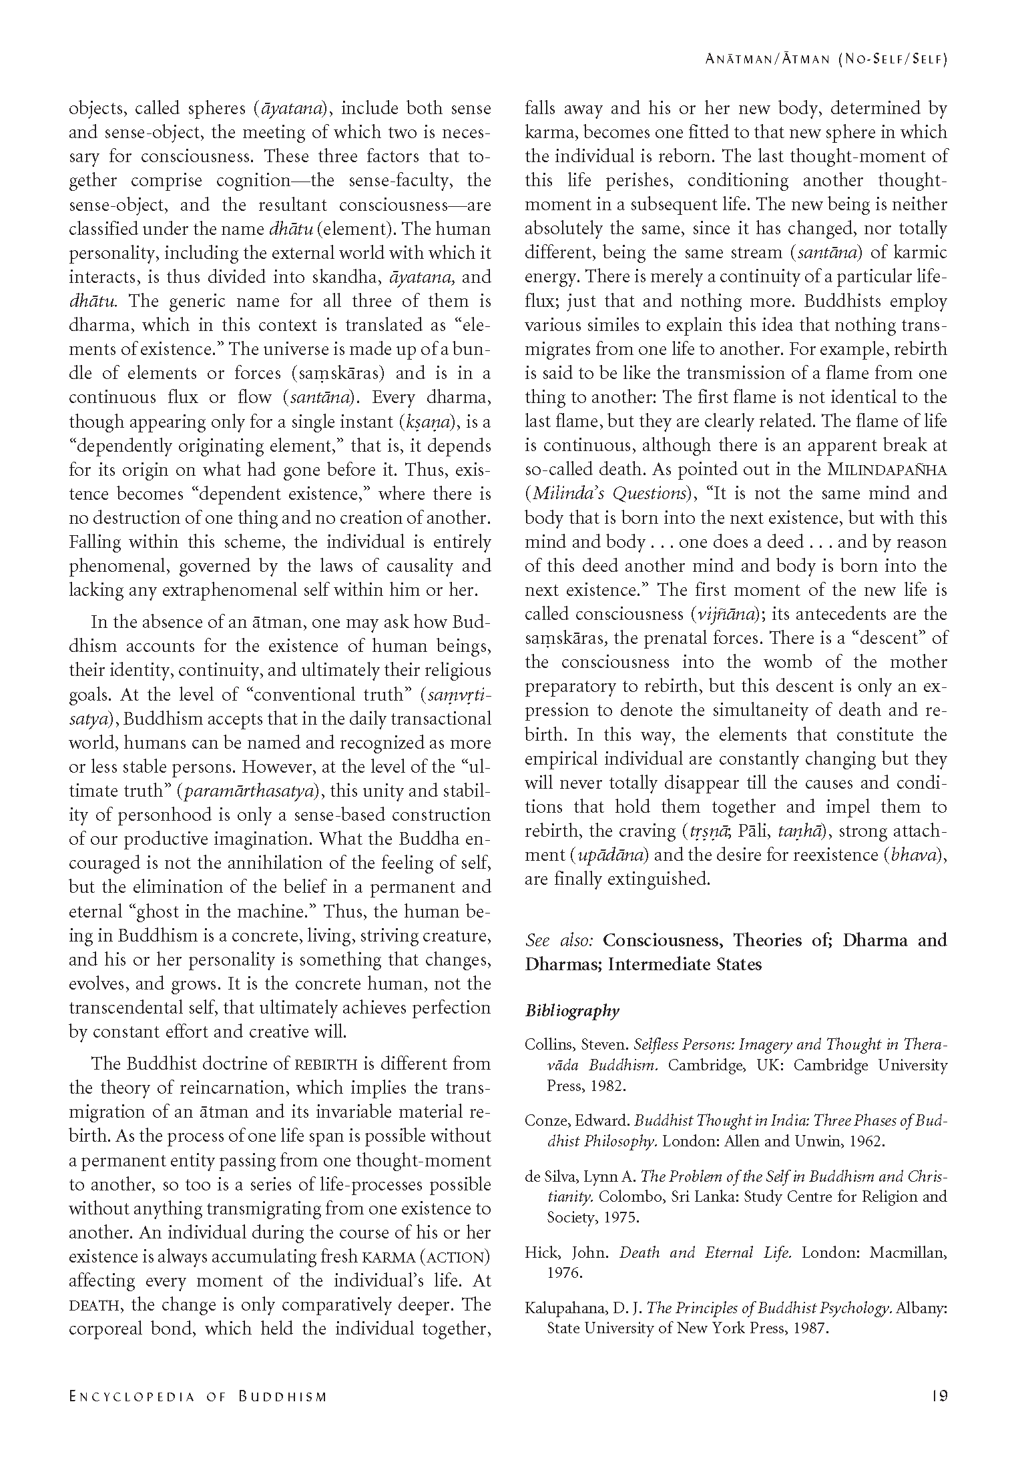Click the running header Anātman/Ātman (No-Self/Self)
pyautogui.click(x=826, y=59)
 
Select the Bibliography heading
pyautogui.click(x=572, y=1010)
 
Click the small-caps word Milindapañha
pyautogui.click(x=887, y=470)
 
